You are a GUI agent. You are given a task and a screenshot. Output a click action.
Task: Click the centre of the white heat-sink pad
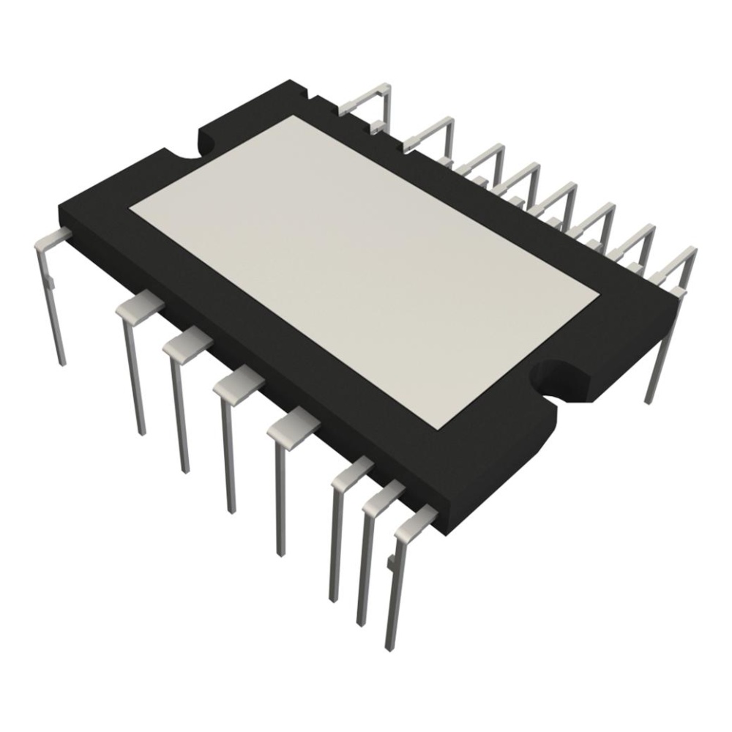point(365,271)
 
